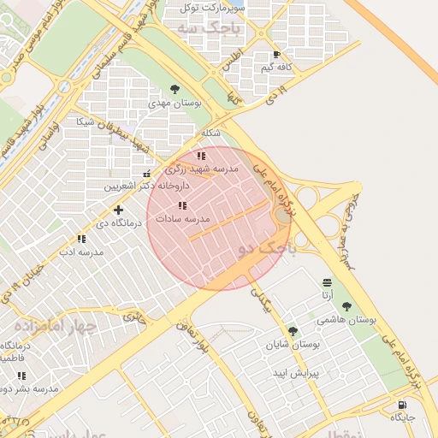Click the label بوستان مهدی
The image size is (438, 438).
click(175, 103)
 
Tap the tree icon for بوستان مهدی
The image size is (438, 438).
click(175, 88)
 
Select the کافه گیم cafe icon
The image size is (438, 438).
click(276, 54)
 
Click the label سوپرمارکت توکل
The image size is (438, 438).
click(211, 8)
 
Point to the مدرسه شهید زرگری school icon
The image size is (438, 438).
click(201, 157)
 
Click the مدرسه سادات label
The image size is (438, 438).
click(182, 220)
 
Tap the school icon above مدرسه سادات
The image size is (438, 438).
click(181, 206)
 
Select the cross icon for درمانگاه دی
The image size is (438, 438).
click(118, 210)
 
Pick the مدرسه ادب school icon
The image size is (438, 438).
click(81, 240)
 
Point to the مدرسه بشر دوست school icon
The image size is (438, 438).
click(21, 376)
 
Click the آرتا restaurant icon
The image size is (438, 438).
click(327, 282)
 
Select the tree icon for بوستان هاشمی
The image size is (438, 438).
click(346, 305)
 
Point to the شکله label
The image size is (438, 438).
click(210, 133)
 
